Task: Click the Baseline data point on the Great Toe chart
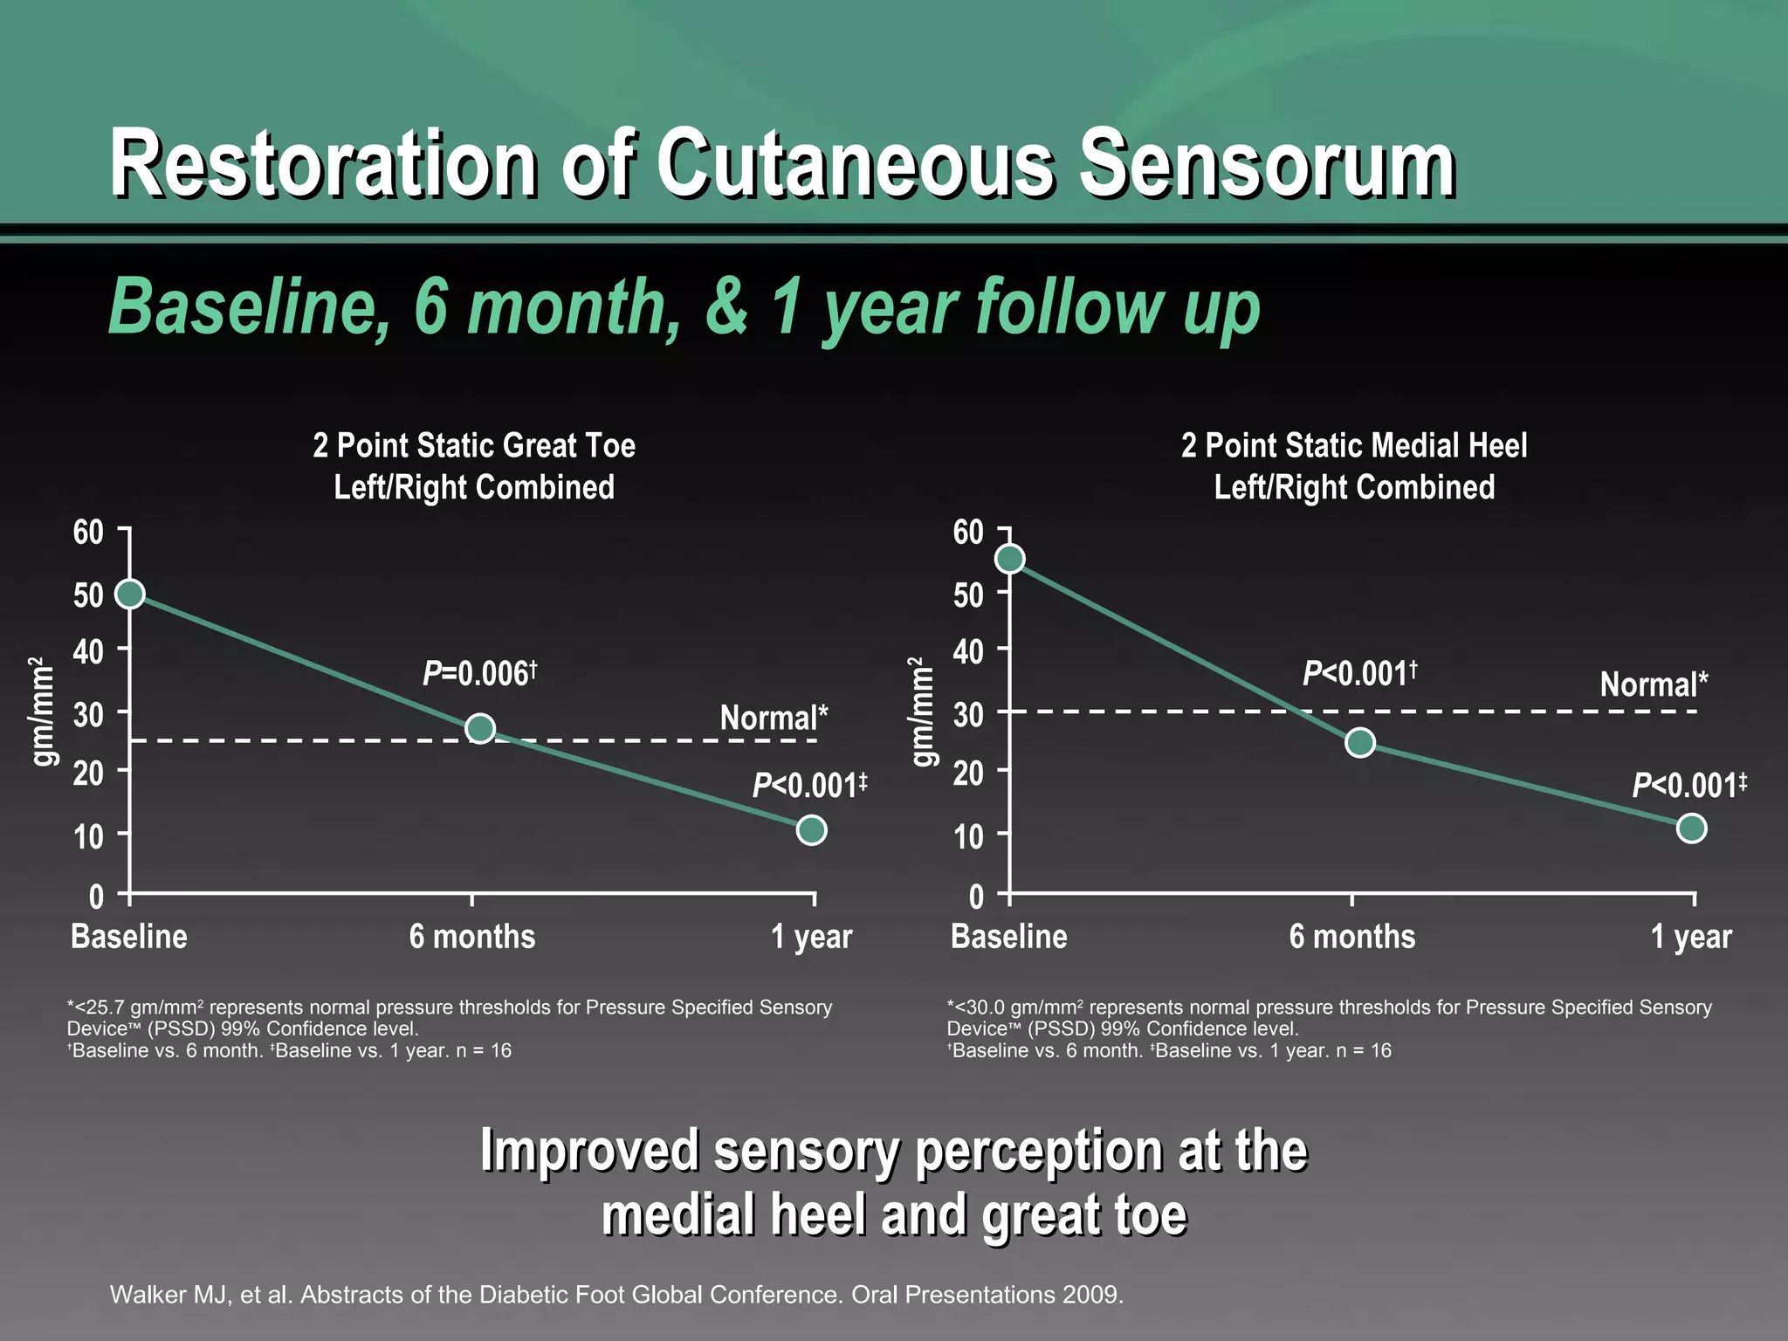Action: [x=130, y=594]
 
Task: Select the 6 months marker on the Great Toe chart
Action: [x=480, y=727]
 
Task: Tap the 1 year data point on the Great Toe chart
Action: [x=811, y=829]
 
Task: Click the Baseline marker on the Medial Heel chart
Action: [x=1010, y=559]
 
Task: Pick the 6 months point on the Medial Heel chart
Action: [x=1359, y=742]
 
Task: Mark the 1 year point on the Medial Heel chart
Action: [x=1691, y=828]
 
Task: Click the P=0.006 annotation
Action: [x=479, y=673]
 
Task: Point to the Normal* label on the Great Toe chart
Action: [x=774, y=718]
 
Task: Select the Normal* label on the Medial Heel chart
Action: [x=1654, y=684]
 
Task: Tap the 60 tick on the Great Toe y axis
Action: [x=88, y=532]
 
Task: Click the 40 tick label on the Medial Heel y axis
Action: [x=968, y=650]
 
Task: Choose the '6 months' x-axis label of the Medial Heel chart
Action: [x=1351, y=937]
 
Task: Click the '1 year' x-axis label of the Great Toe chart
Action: [x=811, y=937]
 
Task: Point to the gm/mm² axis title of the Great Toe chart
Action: [x=43, y=712]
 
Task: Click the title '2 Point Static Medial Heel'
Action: [x=1354, y=445]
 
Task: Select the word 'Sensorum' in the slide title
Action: [x=1267, y=164]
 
